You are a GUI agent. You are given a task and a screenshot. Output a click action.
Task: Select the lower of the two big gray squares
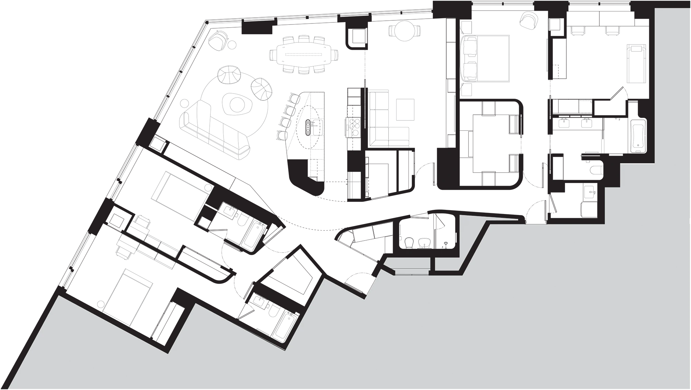point(406,116)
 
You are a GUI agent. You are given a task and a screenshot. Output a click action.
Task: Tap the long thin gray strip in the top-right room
point(608,33)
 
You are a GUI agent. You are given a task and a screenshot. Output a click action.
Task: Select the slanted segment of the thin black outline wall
point(475,247)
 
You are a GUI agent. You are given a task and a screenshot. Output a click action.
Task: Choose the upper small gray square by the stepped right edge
point(595,170)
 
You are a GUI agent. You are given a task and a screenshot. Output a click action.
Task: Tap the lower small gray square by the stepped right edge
point(590,192)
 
